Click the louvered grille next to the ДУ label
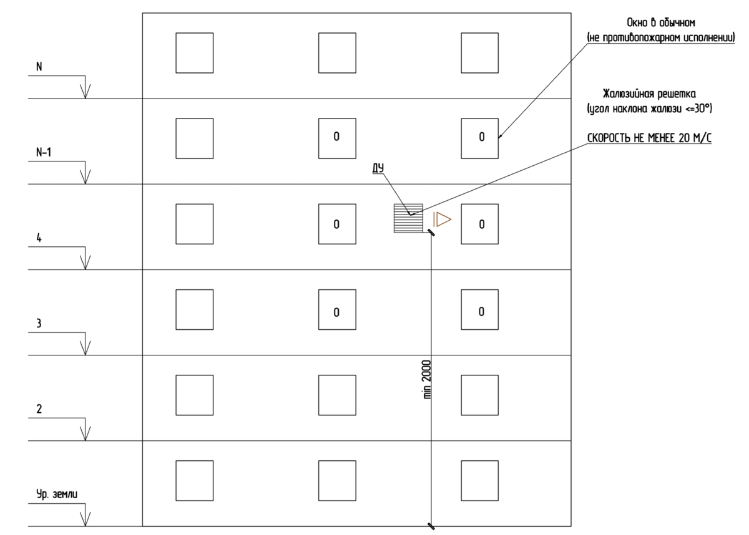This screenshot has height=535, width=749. (x=408, y=218)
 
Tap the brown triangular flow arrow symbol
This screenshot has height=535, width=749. (x=443, y=219)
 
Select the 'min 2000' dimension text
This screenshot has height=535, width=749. (x=427, y=379)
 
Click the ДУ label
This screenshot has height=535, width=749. (x=378, y=168)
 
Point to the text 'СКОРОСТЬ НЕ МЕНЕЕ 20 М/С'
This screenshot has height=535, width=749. (x=649, y=138)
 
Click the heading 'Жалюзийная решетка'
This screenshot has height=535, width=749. (x=649, y=94)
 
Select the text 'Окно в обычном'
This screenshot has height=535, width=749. (x=661, y=22)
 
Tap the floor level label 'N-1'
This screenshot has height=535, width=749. (x=44, y=152)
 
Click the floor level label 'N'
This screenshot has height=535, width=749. (x=39, y=67)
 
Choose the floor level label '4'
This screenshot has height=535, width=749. (x=39, y=238)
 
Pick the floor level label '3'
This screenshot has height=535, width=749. (x=39, y=323)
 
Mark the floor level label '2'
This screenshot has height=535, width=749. (x=39, y=409)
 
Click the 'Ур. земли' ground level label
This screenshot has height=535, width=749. (x=57, y=494)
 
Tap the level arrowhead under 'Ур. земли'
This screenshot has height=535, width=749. (x=86, y=519)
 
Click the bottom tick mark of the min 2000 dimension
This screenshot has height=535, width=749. (x=431, y=526)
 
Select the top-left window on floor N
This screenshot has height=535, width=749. (x=195, y=53)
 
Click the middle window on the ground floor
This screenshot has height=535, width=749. (x=337, y=481)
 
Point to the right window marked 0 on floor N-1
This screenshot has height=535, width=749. (x=479, y=138)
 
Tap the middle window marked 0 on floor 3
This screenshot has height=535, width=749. (x=337, y=309)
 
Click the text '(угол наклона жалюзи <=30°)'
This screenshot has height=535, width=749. (x=649, y=108)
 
